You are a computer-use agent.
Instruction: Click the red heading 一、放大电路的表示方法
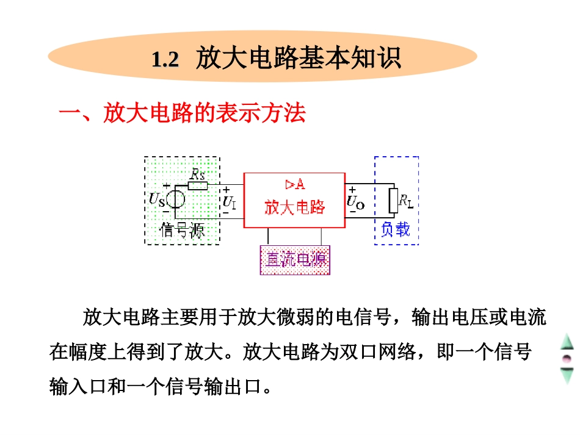(181, 114)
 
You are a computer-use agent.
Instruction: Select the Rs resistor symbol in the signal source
(197, 185)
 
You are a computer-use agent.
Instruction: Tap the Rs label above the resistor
(197, 174)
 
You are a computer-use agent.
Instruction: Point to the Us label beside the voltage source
(156, 199)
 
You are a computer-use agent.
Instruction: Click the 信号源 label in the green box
(181, 231)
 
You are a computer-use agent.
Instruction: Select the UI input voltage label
(230, 201)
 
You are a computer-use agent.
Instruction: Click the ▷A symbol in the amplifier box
(295, 184)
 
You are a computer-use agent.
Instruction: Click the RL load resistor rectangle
(394, 200)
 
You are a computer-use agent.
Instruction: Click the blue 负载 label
(396, 229)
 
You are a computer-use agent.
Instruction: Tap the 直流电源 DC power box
(295, 260)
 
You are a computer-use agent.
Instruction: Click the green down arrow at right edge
(568, 375)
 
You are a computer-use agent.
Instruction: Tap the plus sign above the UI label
(227, 190)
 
